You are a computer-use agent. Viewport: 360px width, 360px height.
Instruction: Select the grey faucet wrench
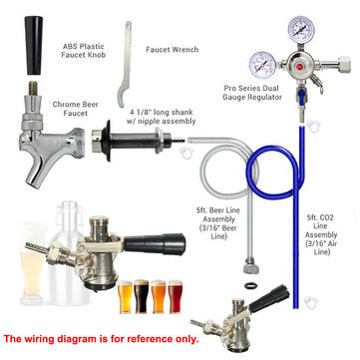[126, 56]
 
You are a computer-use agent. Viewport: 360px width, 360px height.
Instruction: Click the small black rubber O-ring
[263, 290]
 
